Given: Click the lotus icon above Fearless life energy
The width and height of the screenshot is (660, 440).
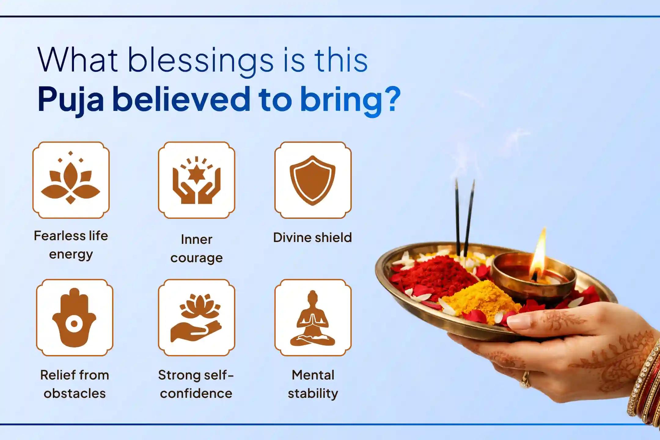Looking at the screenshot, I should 71,180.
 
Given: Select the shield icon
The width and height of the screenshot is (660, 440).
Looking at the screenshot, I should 313,180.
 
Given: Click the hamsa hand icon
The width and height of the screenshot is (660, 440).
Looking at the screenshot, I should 74,317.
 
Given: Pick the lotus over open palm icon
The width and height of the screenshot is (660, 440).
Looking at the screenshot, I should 196,317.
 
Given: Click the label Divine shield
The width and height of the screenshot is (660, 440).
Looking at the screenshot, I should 313,238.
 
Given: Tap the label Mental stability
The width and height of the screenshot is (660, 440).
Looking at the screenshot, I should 313,384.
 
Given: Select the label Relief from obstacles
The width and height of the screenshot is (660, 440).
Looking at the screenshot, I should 75,384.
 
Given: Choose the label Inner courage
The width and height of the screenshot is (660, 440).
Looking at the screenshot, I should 196,248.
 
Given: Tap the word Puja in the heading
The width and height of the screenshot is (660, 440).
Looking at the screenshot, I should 71,100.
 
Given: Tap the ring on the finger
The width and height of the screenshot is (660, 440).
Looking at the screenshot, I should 525,379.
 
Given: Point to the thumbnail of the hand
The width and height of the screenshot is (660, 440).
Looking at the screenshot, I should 518,322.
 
